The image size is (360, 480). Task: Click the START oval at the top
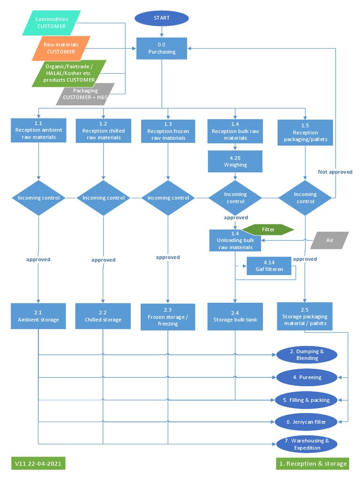(162, 18)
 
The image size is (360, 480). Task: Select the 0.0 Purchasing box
(162, 48)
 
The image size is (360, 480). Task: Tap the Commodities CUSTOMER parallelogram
(52, 23)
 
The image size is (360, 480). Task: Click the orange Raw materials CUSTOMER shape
(61, 48)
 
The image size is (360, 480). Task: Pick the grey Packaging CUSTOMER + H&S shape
(85, 94)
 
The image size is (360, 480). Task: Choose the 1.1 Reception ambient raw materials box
(38, 130)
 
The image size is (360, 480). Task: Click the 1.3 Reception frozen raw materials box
(168, 131)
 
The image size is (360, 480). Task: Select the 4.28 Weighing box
(235, 162)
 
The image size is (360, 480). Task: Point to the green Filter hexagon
(268, 230)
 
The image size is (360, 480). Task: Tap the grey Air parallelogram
(330, 240)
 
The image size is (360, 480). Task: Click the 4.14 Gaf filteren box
(269, 266)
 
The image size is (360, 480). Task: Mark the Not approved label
(335, 172)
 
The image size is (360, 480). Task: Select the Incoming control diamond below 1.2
(103, 198)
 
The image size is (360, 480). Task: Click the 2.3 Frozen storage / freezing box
(168, 317)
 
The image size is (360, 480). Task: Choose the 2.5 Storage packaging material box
(305, 316)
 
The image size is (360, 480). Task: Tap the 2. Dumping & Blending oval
(307, 355)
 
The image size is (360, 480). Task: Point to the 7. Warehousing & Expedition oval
(306, 444)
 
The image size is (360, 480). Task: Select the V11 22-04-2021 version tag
(38, 463)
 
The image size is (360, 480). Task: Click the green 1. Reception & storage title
(313, 464)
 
